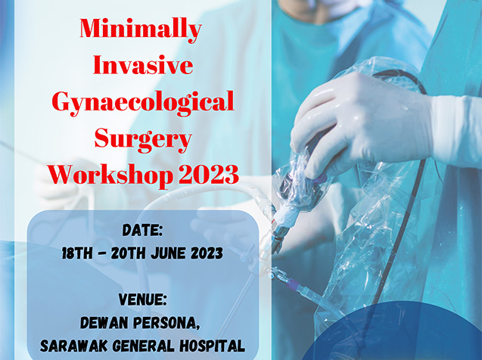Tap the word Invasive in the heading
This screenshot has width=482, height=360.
point(143,64)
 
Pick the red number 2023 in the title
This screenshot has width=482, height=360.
point(209,174)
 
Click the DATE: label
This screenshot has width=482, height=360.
point(142,231)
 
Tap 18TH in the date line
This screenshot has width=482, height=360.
point(77,253)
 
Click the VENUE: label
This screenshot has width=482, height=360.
point(142,299)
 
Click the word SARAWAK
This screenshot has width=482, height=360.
point(74,346)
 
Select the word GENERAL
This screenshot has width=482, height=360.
point(144,346)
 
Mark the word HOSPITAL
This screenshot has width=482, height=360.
point(213,346)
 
